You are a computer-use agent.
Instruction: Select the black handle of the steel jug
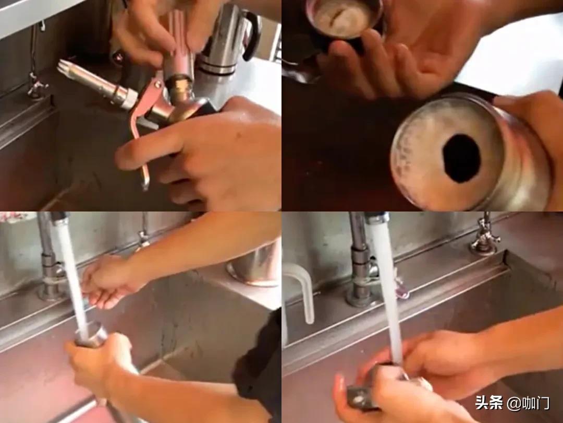tap(251, 36)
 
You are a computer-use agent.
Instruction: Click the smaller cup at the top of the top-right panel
tap(344, 18)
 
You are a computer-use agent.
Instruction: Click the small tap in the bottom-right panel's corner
tap(485, 234)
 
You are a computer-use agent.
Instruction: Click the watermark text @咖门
tap(528, 403)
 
